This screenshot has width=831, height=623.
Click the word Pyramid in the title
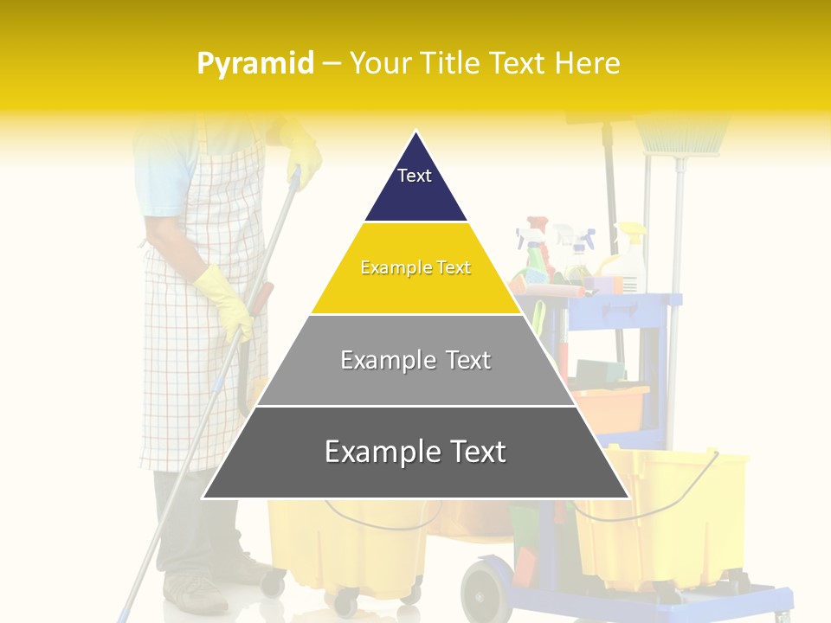[x=255, y=64]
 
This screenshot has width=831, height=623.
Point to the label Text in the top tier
[x=415, y=176]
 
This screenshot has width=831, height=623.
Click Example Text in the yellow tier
[x=415, y=268]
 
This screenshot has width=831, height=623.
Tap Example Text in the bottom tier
[x=415, y=452]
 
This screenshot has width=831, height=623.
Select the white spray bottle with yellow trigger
[x=632, y=260]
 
